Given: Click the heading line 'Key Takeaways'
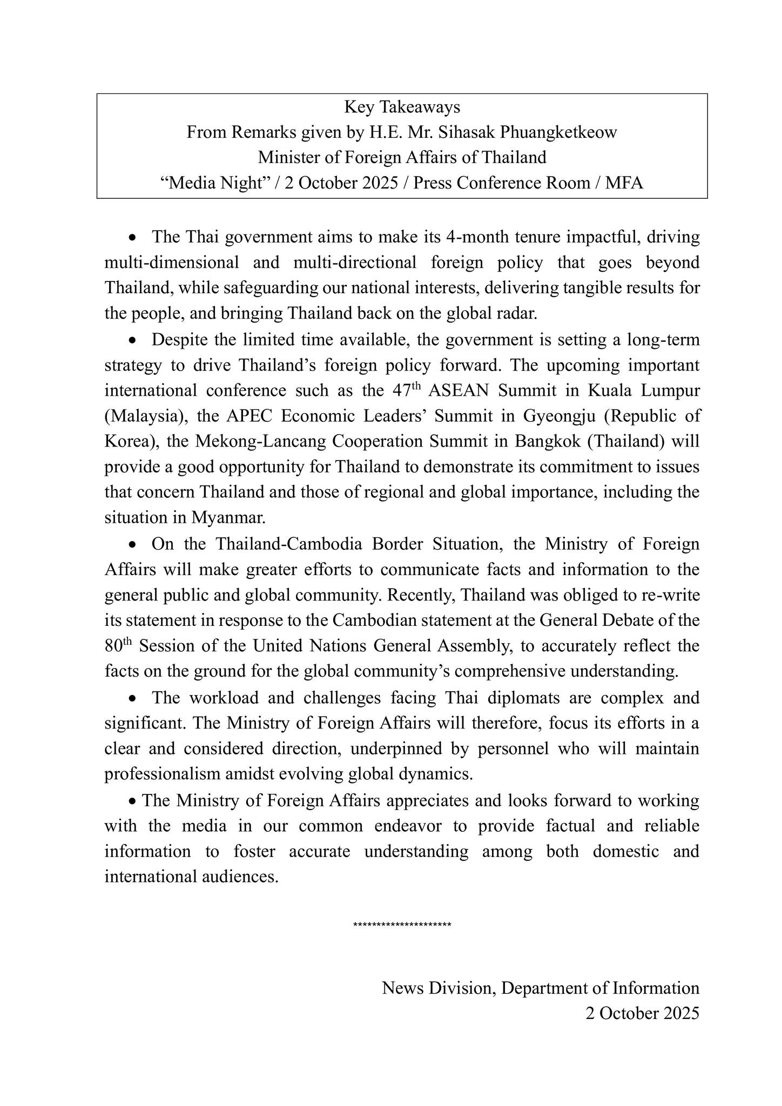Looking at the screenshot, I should [402, 107].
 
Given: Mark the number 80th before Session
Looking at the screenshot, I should [118, 645].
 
